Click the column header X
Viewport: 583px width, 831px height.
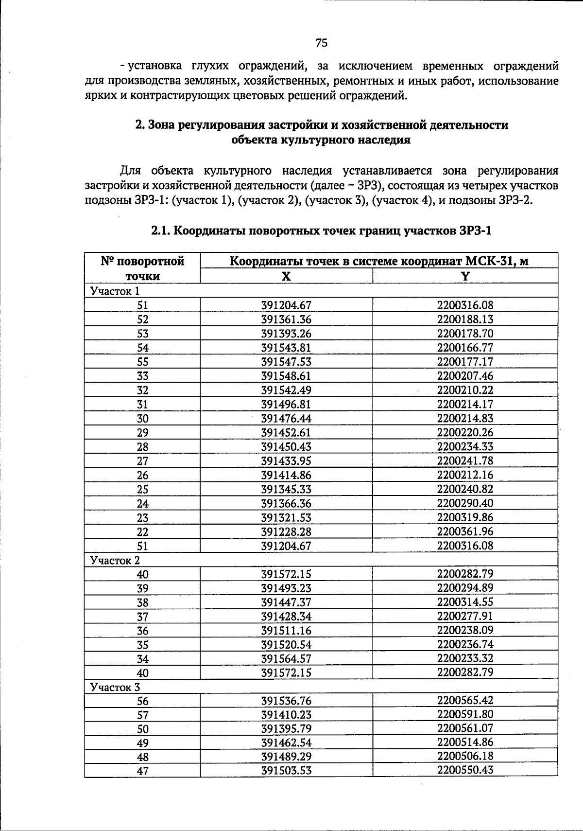tap(287, 276)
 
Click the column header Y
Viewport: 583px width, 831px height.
tap(465, 276)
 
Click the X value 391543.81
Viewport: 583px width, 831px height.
tap(286, 348)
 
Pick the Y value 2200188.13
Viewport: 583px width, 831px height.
tap(465, 319)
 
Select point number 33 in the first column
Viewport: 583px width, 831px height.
tap(142, 376)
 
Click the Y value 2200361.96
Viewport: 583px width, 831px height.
tap(465, 531)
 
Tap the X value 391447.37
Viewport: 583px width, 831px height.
tap(286, 602)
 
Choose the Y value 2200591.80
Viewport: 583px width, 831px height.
tap(465, 714)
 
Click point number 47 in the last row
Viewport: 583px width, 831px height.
tap(142, 771)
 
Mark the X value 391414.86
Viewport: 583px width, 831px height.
tap(286, 475)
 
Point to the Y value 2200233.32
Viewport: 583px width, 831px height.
tap(465, 658)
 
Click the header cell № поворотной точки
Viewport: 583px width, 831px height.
tap(142, 268)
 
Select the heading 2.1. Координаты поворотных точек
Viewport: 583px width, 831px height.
tap(321, 230)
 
